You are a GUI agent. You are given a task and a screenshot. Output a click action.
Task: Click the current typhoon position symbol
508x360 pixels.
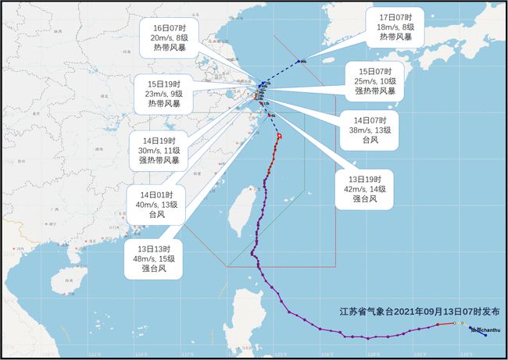click(279, 135)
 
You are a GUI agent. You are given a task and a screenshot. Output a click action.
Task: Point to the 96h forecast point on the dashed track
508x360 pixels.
click(301, 61)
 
